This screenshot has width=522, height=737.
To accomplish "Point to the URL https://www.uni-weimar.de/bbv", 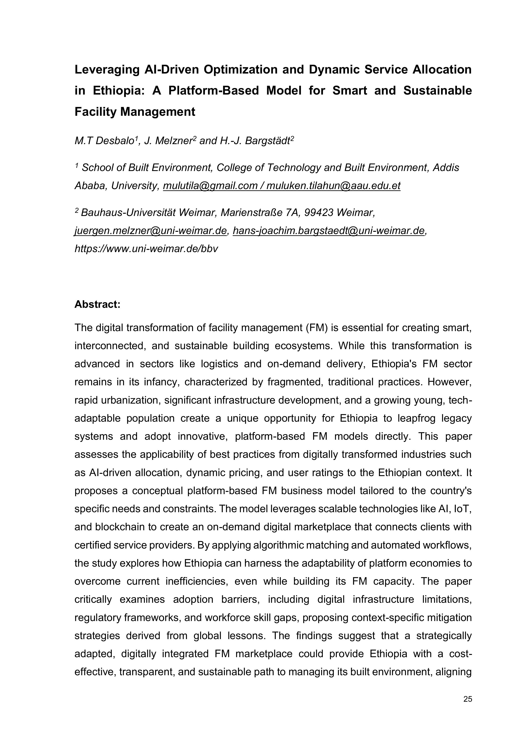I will click(146, 249).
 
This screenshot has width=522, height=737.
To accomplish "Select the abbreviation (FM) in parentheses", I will click(315, 328).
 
